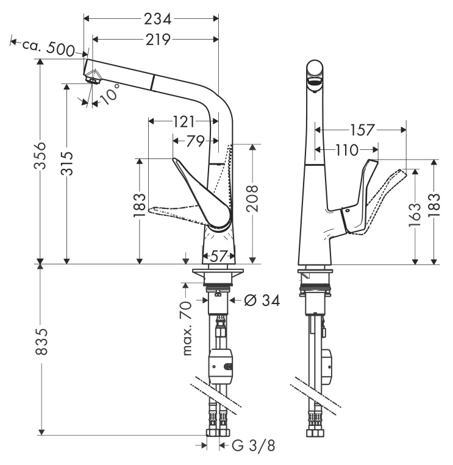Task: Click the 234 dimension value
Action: tap(157, 20)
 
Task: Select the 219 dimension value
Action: tap(158, 40)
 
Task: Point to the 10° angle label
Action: tap(109, 94)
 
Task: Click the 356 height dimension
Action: tap(40, 155)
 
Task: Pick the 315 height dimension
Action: tap(66, 163)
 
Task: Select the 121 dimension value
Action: tap(184, 122)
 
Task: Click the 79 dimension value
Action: tap(195, 141)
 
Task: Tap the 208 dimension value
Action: tap(252, 199)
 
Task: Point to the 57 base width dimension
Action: tap(218, 256)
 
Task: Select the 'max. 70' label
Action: tap(187, 328)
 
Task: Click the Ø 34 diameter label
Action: tap(262, 300)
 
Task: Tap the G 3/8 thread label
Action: tap(254, 445)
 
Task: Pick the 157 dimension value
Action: tap(363, 130)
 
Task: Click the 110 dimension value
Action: tap(347, 151)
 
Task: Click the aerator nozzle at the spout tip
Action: tap(93, 78)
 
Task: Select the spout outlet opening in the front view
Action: tap(315, 82)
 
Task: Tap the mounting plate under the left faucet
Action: tap(218, 272)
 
